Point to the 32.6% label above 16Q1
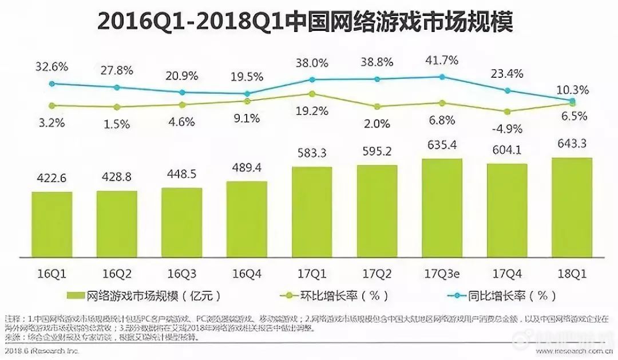point(51,66)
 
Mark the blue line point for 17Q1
point(311,80)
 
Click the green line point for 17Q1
point(311,93)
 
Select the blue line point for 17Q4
point(506,90)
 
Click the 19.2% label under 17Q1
point(311,112)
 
